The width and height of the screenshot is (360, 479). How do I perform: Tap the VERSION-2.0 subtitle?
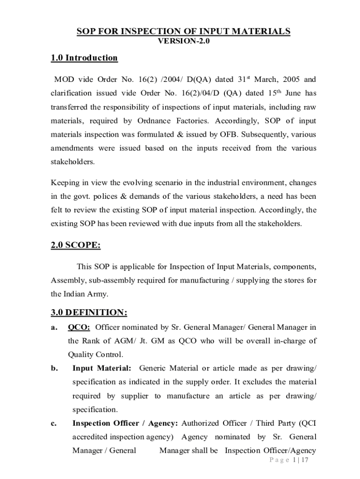point(184,41)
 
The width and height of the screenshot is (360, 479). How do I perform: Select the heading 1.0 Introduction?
point(84,58)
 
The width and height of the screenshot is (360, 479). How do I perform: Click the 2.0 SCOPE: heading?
point(76,246)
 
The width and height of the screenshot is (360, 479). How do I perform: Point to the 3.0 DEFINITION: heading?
point(89,312)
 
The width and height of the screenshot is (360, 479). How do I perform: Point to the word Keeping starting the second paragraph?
point(66,182)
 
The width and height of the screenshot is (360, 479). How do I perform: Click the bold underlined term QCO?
point(79,327)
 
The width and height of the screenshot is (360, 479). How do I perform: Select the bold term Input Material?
point(101,368)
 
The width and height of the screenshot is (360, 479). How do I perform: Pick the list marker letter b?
point(54,368)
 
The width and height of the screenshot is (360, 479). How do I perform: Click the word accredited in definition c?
point(90,437)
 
